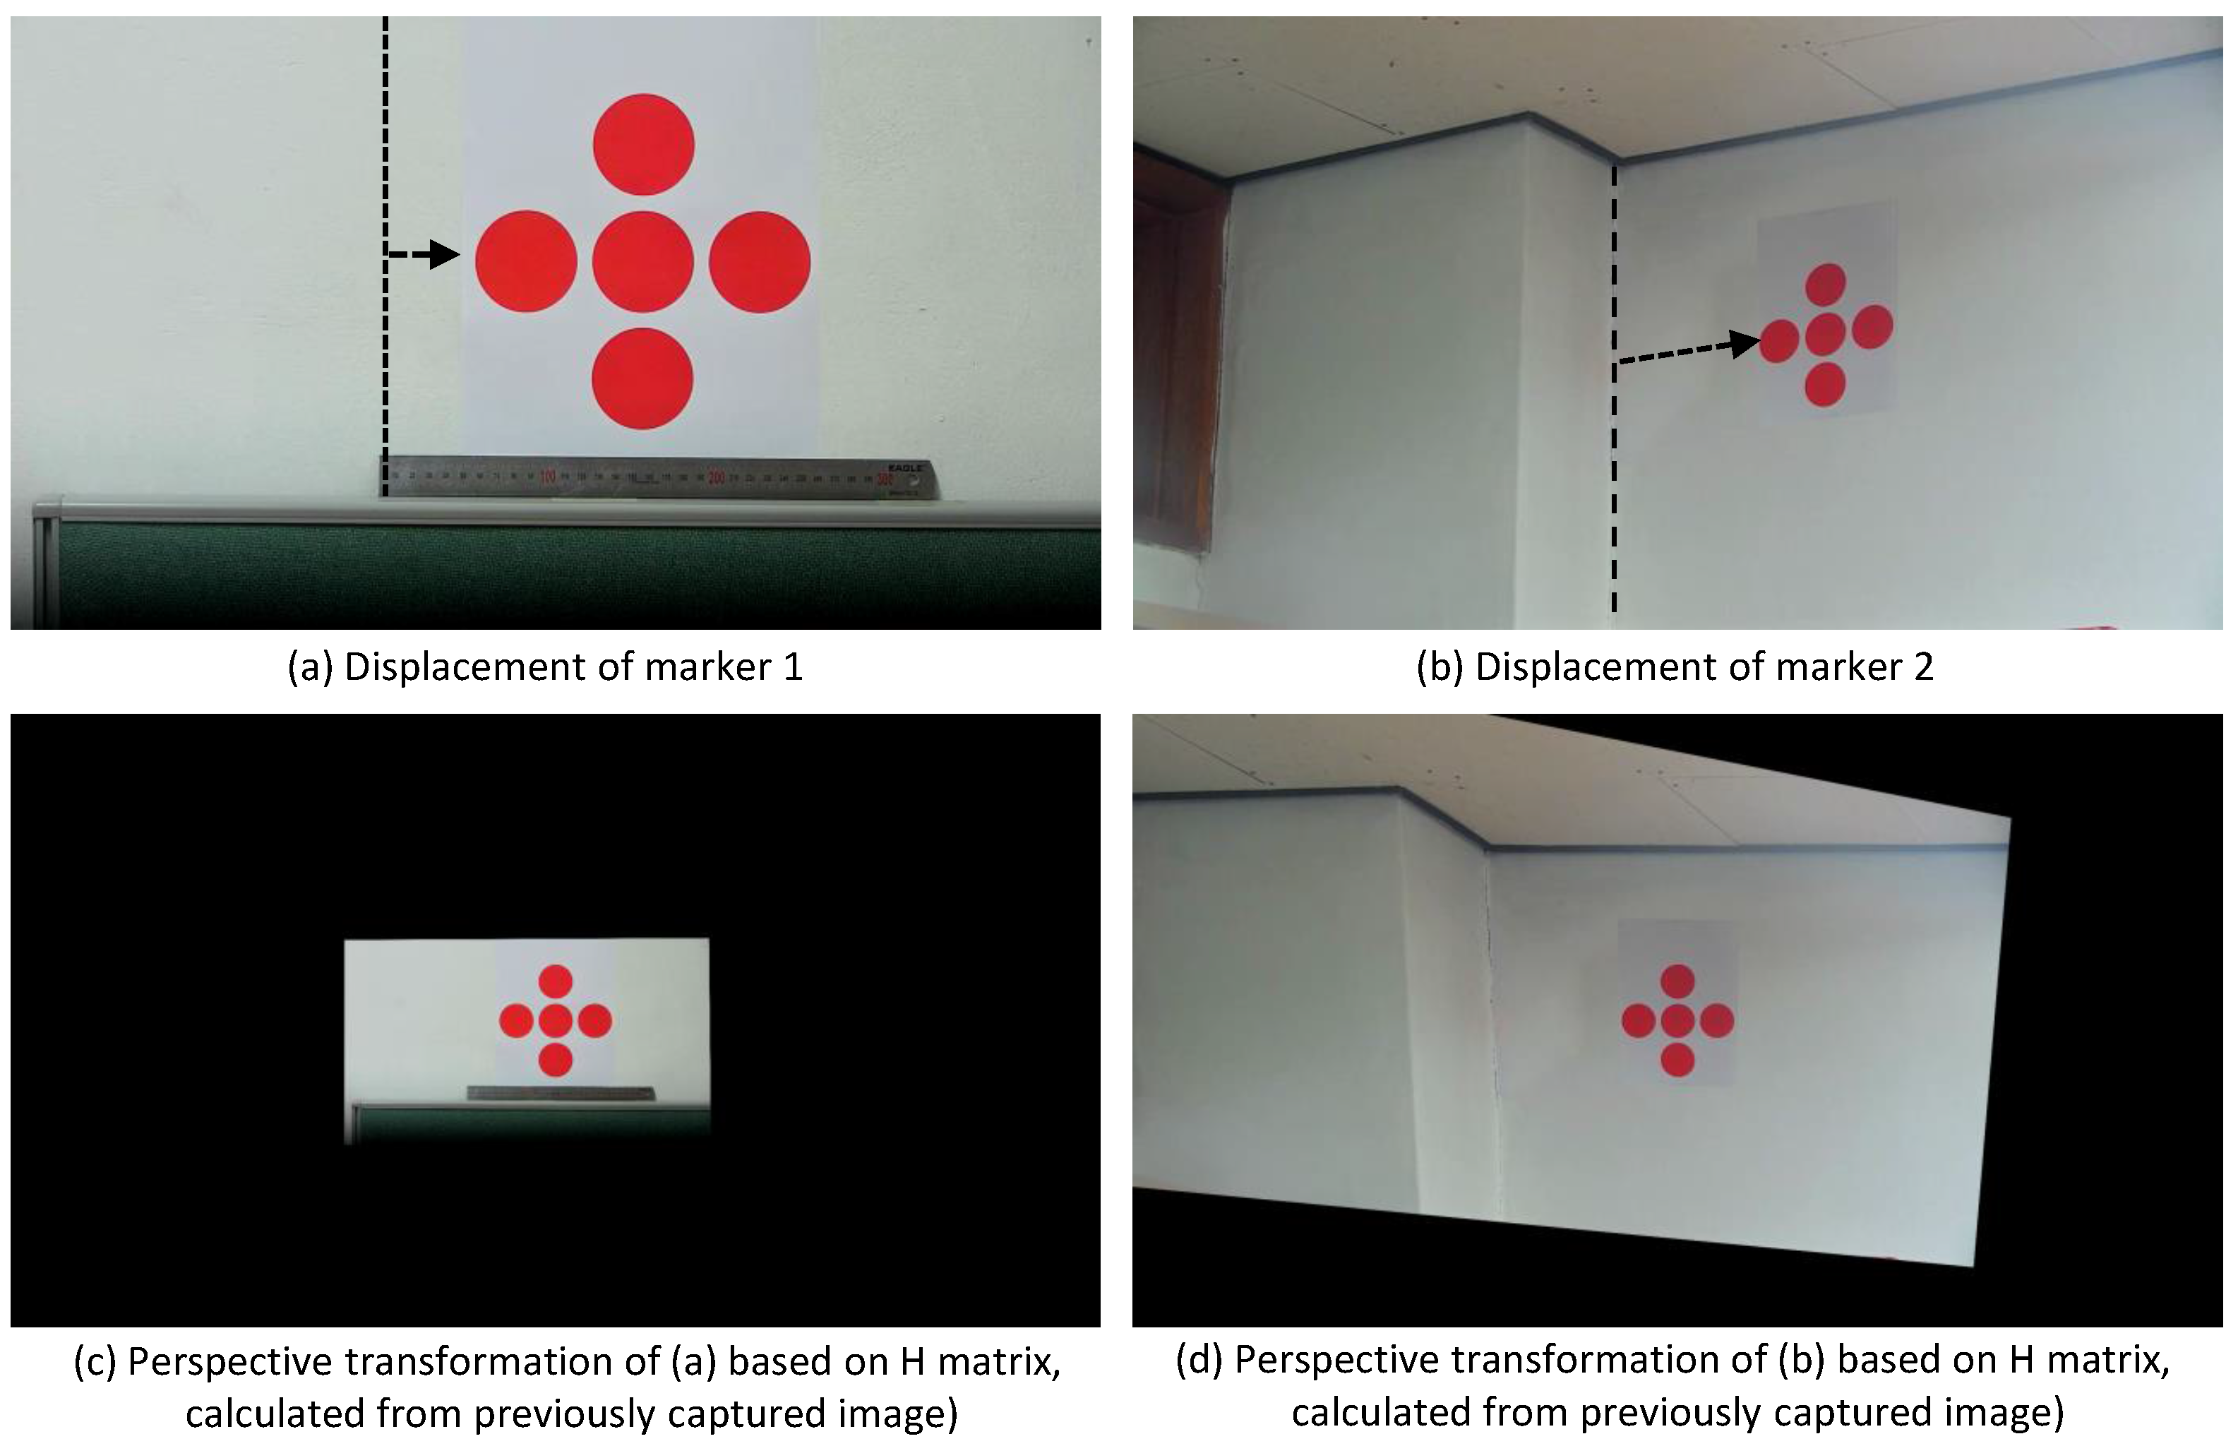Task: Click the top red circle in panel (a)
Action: click(x=643, y=145)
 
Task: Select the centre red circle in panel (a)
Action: click(x=643, y=261)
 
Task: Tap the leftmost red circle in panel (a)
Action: click(x=526, y=261)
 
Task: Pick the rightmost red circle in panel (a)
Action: click(x=760, y=261)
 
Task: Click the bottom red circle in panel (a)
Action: click(x=643, y=378)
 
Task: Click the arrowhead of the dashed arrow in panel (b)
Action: click(x=1745, y=344)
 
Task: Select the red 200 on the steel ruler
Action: click(x=717, y=478)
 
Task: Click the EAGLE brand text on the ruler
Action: click(x=906, y=467)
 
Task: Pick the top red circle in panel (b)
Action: click(x=1826, y=285)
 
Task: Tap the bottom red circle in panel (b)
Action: click(x=1825, y=385)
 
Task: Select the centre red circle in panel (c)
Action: click(x=556, y=1021)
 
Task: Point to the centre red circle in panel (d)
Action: click(x=1677, y=1021)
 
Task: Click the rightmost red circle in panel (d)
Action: click(x=1716, y=1021)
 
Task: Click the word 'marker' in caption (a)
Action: click(x=697, y=667)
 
